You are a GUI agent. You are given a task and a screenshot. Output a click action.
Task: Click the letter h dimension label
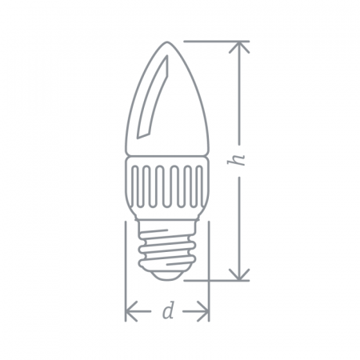[237, 159]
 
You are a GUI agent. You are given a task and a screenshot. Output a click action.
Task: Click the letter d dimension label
[168, 310]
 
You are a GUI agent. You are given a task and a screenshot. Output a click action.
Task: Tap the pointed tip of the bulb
[167, 42]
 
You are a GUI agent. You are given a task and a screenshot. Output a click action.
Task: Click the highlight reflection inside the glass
[153, 98]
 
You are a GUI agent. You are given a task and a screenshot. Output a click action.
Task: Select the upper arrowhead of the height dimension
[240, 46]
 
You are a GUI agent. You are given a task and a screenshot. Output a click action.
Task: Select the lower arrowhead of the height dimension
[240, 274]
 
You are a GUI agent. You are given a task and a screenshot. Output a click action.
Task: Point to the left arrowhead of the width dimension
[131, 311]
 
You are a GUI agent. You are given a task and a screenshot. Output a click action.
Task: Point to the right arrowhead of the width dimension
[203, 311]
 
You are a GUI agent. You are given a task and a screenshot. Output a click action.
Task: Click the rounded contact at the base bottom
[167, 275]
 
